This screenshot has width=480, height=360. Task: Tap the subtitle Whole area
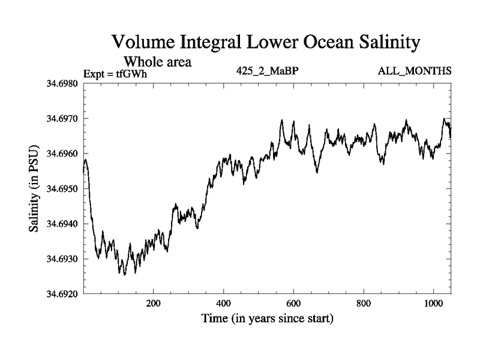point(157,61)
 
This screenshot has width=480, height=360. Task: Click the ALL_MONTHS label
point(415,71)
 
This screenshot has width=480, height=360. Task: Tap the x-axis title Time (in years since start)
point(267,318)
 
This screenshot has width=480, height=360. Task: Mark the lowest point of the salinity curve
point(124,275)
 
